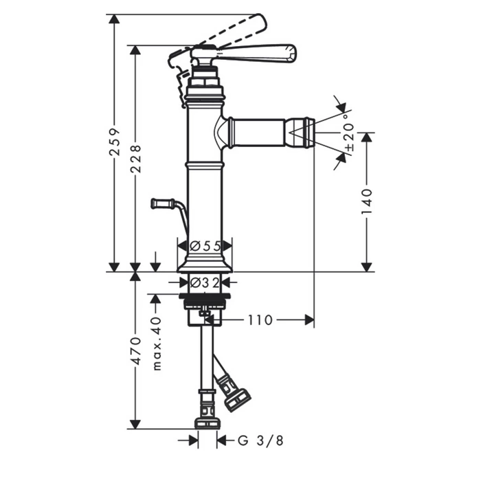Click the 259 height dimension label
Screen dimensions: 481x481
click(115, 142)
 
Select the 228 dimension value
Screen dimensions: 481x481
click(135, 159)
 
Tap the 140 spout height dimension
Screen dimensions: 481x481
click(367, 202)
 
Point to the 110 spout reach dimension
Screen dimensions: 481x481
click(260, 320)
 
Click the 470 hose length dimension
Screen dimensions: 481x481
click(135, 351)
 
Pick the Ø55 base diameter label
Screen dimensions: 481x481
click(205, 246)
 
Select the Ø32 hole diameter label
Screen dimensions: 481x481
click(205, 282)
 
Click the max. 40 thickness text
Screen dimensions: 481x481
click(157, 344)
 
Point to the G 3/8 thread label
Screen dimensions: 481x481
click(260, 441)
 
